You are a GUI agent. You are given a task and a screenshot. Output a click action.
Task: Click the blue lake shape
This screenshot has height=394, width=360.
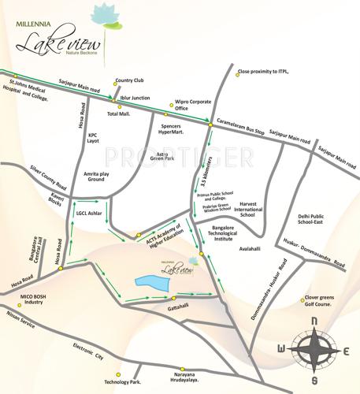pos(149,280)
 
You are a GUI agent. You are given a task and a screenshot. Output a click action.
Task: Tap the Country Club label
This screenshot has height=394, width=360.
pos(129,80)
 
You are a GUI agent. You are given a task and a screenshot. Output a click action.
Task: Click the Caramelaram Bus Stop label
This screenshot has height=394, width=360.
pos(240,125)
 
